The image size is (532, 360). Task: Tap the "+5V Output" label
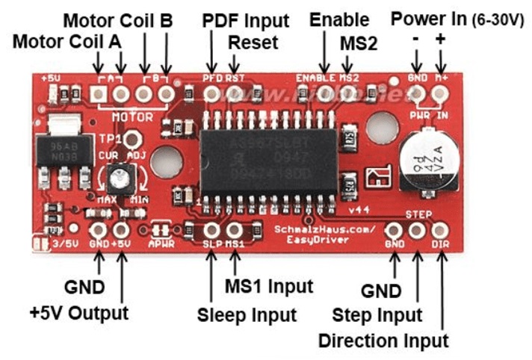tap(79, 312)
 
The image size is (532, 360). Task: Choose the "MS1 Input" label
tap(268, 285)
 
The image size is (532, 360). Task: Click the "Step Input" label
tap(377, 314)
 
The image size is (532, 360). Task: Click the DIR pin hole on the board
tap(440, 231)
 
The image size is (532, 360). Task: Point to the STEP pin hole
tap(417, 231)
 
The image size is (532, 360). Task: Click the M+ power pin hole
tap(440, 93)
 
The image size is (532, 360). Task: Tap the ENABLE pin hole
tap(325, 93)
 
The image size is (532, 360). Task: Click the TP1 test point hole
tap(134, 140)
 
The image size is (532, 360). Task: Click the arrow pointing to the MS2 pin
tap(347, 65)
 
